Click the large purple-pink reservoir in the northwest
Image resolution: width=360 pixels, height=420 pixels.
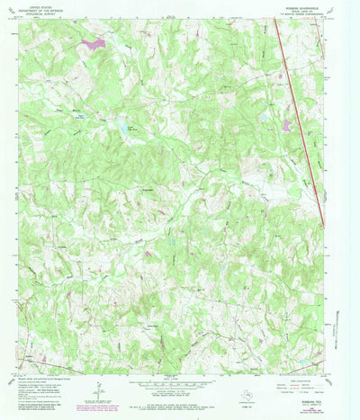[93, 42]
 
